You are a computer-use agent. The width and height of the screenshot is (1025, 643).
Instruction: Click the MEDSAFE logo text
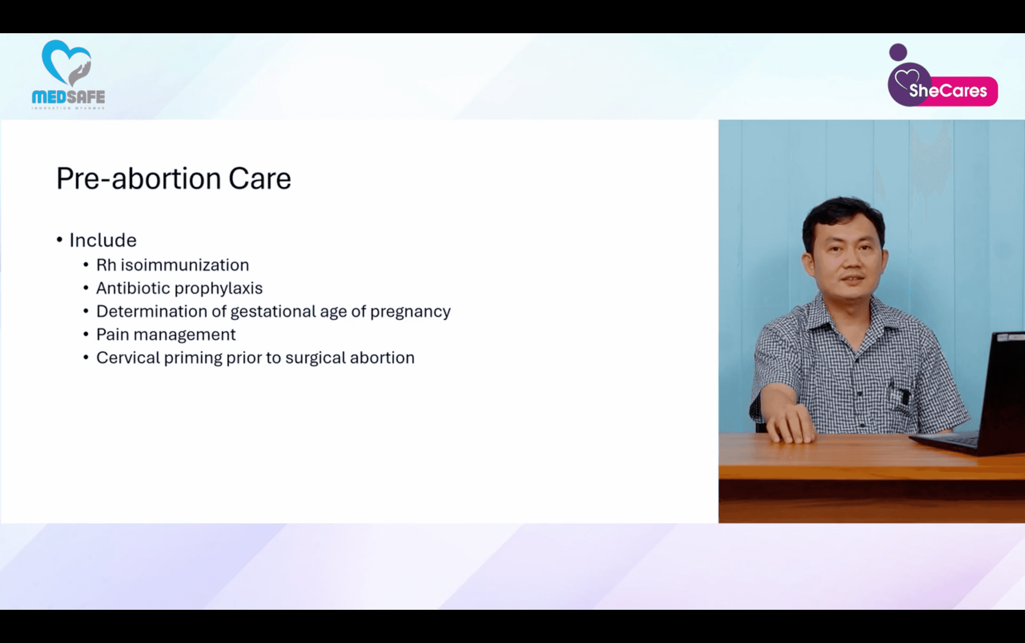tap(68, 97)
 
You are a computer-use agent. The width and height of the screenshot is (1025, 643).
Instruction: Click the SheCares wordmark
tap(948, 90)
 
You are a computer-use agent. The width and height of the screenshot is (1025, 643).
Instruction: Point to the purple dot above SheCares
tap(898, 52)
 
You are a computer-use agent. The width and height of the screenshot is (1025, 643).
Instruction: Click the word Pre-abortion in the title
tap(138, 179)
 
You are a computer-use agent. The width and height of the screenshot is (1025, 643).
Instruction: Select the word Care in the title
tap(260, 179)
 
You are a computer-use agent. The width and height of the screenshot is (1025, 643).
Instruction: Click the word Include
tap(103, 240)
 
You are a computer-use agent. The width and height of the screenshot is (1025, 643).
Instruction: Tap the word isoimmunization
tap(185, 265)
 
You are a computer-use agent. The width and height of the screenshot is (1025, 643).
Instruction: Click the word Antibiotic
tap(133, 288)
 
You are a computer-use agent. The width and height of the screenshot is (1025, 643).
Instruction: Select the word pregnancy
tap(410, 312)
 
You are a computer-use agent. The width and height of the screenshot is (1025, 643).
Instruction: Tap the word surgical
tap(315, 358)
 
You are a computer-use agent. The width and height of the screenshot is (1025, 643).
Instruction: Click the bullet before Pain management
tap(86, 335)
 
